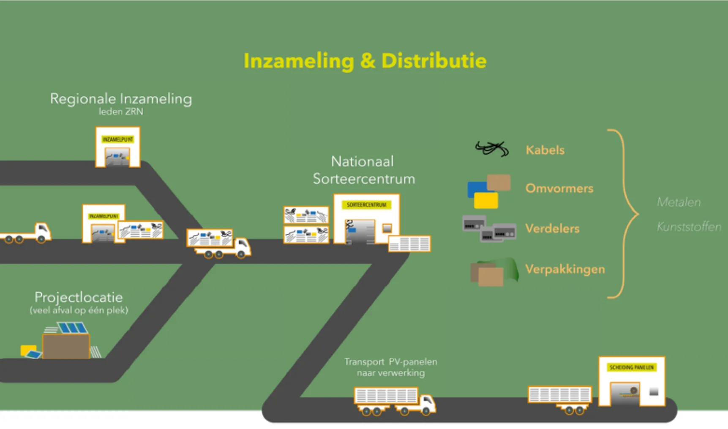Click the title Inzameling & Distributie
(365, 61)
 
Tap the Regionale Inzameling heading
(121, 99)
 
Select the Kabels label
(545, 150)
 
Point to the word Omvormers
(559, 188)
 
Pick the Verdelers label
(552, 229)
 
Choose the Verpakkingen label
(565, 269)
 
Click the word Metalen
(679, 203)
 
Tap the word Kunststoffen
(689, 227)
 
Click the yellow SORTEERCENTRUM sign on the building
(366, 205)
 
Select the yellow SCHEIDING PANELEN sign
(632, 367)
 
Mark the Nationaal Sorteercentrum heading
(363, 170)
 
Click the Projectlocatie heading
(79, 297)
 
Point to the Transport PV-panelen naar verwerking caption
(390, 367)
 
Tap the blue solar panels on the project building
(72, 328)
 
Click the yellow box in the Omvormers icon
(486, 201)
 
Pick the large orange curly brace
(624, 214)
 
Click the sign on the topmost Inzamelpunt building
(117, 139)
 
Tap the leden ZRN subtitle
(121, 112)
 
